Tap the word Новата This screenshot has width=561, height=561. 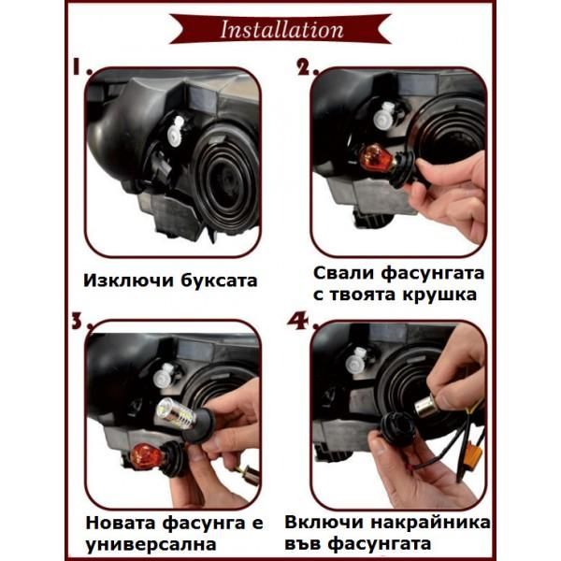pos(120,522)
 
